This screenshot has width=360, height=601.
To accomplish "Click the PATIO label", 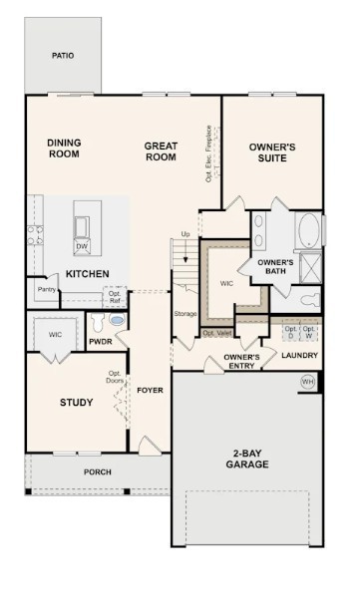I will (x=62, y=56).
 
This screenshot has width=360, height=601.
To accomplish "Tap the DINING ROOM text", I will (x=63, y=149).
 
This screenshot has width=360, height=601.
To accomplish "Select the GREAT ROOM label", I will (x=161, y=151).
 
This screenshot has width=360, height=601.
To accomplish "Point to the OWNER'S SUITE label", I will (x=272, y=151).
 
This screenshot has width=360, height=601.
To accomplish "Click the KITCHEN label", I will (x=88, y=273).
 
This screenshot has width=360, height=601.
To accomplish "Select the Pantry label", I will (x=46, y=290).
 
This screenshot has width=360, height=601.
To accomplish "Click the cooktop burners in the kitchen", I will (x=35, y=236).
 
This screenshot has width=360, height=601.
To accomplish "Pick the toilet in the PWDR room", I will (x=117, y=322).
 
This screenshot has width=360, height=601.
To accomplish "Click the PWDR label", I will (x=100, y=341).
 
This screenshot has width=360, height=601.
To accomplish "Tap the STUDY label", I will (x=76, y=404).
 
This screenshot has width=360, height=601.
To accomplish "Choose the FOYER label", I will (x=150, y=390).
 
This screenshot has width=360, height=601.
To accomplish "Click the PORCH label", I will (x=97, y=471).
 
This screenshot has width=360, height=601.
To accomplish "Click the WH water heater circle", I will (x=308, y=381).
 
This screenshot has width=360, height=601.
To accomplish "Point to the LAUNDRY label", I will (x=299, y=355).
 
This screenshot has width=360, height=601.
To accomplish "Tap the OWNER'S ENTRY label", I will (x=241, y=361).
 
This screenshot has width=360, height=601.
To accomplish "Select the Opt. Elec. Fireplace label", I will (x=208, y=153).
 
